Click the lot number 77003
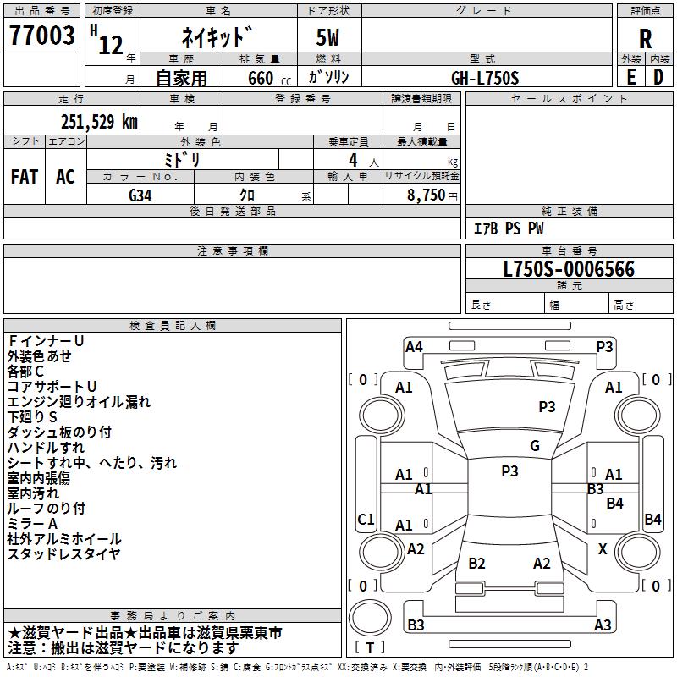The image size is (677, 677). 41,36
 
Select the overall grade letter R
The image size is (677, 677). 645,38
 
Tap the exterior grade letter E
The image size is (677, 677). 630,76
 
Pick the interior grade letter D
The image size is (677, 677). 658,76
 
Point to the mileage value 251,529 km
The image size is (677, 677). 99,121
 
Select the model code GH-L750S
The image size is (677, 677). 485,78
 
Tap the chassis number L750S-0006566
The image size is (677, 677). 569,269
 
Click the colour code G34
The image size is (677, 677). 140,194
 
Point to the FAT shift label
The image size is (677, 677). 25,176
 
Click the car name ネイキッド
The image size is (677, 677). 218,37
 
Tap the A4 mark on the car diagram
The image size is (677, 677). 414,346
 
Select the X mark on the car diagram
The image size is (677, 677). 603,549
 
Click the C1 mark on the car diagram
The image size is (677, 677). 366,519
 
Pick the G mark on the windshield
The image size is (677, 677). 534,446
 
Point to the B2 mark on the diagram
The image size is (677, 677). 476,564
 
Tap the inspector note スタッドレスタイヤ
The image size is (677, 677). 64,554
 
